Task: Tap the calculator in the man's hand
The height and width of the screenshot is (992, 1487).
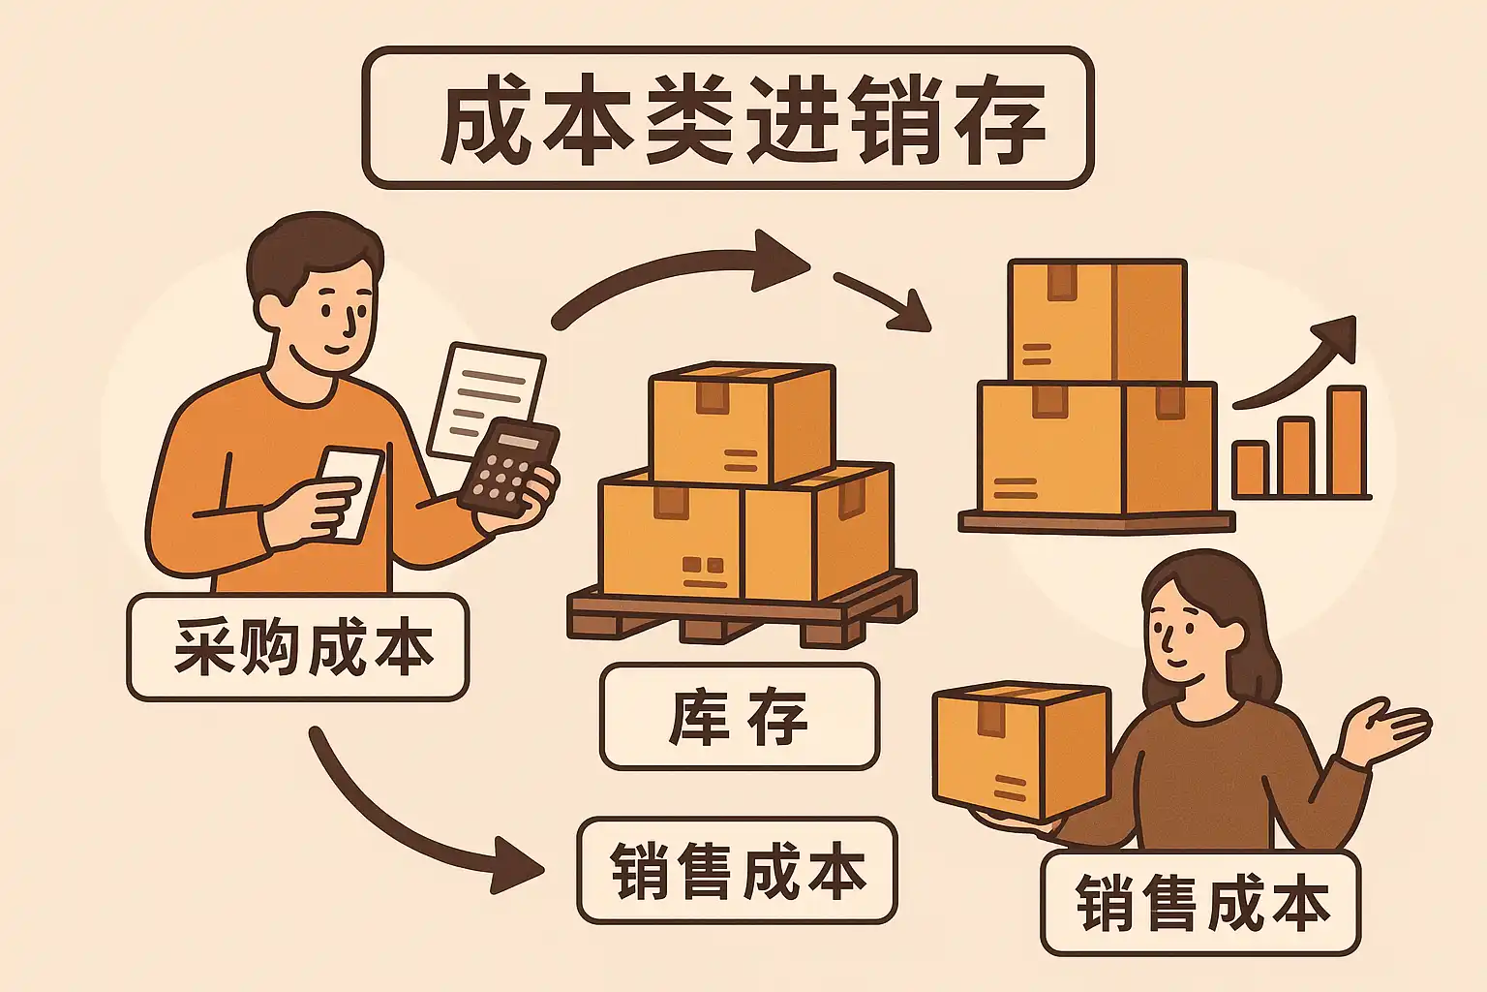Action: pyautogui.click(x=508, y=466)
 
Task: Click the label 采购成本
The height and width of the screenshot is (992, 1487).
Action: pyautogui.click(x=298, y=647)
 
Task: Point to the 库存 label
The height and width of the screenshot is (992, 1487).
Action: pyautogui.click(x=739, y=717)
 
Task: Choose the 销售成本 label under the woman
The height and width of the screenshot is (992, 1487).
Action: pyautogui.click(x=1200, y=903)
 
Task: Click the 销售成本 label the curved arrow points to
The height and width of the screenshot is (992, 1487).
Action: pyautogui.click(x=737, y=870)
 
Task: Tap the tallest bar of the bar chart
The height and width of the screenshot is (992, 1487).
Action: pyautogui.click(x=1346, y=442)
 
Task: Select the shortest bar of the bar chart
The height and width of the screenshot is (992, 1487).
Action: pyautogui.click(x=1250, y=469)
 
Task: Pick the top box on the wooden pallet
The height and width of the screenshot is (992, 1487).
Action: pyautogui.click(x=741, y=422)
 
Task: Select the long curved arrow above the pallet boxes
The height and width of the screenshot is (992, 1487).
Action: pyautogui.click(x=678, y=276)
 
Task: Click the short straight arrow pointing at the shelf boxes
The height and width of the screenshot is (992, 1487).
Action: pyautogui.click(x=881, y=301)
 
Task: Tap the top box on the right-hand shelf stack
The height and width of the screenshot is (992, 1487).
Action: pyautogui.click(x=1096, y=320)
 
